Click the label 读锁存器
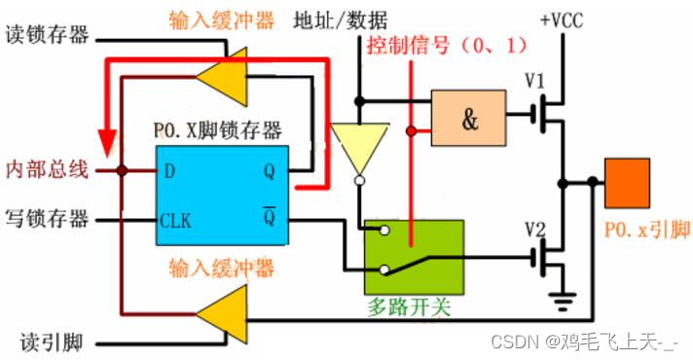(x=48, y=35)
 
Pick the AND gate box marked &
(x=469, y=119)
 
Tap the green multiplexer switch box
(x=413, y=256)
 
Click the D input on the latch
(x=170, y=171)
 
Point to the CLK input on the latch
(x=176, y=219)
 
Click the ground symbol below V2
(x=562, y=303)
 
